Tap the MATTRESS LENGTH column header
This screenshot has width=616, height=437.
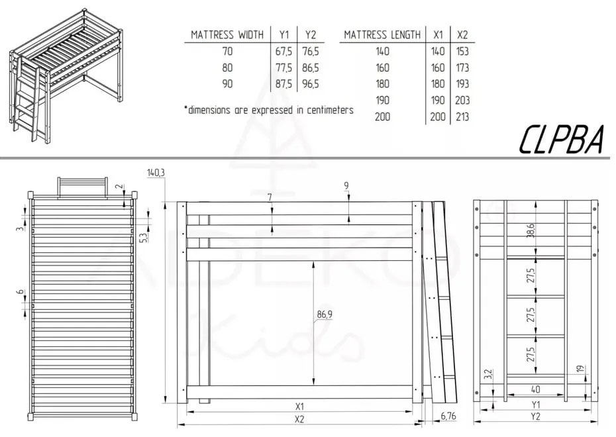coord(382,34)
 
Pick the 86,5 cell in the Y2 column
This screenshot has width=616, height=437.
coord(309,68)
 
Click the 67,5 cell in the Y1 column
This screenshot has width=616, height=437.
coord(283,51)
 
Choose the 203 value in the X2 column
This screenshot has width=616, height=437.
coord(462,101)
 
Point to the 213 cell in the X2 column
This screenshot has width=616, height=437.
coord(462,117)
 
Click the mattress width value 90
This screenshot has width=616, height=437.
coord(227,84)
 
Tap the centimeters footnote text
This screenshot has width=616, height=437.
coord(268,110)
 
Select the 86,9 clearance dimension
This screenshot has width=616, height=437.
coord(325,315)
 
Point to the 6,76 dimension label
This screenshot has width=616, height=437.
coord(448,416)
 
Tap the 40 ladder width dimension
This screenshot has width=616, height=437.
coord(535,389)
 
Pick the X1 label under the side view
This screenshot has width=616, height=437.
coord(299,406)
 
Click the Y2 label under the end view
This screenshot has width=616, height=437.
coord(535,417)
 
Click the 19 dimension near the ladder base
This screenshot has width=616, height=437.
coord(580,369)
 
